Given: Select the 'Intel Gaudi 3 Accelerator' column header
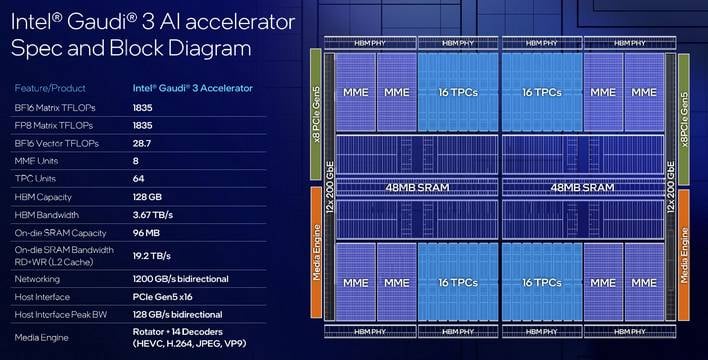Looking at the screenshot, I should click(x=193, y=88).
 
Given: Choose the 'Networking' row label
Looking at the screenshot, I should click(x=37, y=280).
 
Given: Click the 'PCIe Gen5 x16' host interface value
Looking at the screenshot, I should click(x=166, y=298).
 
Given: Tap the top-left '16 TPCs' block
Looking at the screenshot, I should click(x=457, y=91).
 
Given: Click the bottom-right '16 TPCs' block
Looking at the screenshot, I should click(x=542, y=283).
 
